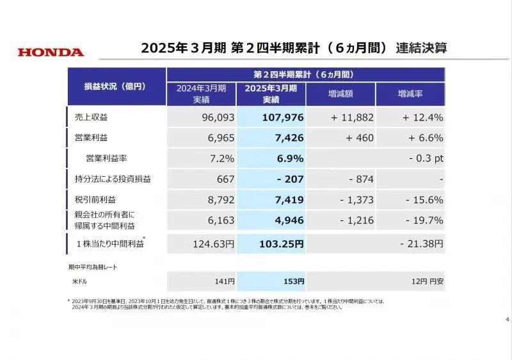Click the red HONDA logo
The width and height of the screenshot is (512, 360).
51,52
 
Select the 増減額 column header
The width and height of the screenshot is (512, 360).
341,94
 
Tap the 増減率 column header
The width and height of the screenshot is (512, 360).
410,94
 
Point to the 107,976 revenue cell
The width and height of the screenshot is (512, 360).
282,118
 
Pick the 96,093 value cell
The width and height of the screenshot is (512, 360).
213,118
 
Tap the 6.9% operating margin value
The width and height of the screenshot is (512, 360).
289,158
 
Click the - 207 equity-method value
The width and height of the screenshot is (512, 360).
290,179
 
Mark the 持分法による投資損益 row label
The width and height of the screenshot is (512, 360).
113,179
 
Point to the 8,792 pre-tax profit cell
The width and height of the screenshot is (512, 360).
218,200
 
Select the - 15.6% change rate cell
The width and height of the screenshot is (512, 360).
424,200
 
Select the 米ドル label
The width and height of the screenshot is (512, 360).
80,281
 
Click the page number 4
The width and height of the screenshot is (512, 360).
507,320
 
